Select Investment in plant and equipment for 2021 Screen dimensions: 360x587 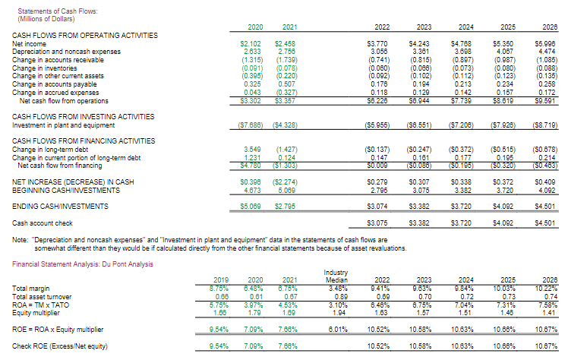click(x=286, y=125)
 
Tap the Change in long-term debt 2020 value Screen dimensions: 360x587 click(x=253, y=149)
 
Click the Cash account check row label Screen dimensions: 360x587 click(x=43, y=223)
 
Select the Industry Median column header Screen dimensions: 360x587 click(x=336, y=276)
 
